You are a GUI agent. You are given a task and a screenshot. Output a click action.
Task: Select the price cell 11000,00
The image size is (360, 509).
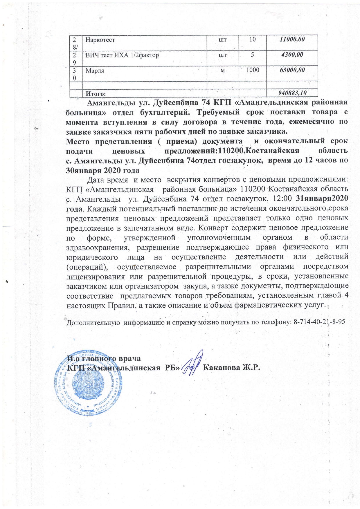click(292, 39)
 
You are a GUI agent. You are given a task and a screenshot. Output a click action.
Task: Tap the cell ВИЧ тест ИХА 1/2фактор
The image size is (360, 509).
click(122, 55)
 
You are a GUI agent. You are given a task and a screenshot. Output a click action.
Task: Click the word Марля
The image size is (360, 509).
click(95, 71)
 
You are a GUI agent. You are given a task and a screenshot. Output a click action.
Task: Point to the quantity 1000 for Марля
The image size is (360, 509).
click(252, 70)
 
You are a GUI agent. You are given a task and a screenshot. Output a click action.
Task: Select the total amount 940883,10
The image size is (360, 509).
click(292, 93)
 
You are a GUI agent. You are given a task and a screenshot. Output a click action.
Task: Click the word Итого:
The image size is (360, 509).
click(95, 94)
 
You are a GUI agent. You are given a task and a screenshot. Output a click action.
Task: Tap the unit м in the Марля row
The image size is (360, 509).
click(223, 70)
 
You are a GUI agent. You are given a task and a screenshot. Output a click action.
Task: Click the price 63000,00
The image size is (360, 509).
click(292, 70)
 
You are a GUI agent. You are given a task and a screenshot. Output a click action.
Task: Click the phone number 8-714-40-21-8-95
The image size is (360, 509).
click(319, 322)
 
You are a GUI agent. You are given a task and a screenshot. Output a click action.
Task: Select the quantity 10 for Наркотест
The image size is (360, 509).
click(252, 39)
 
